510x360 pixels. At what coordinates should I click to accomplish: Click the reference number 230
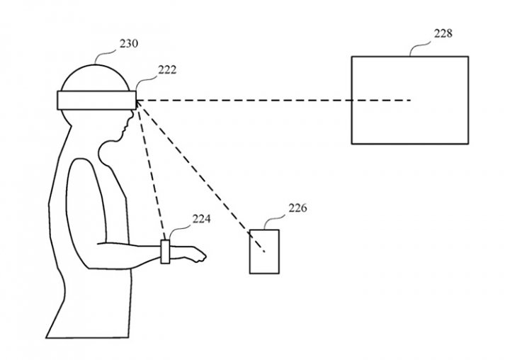129,44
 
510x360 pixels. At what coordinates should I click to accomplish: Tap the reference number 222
167,70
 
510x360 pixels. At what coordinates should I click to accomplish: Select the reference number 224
201,219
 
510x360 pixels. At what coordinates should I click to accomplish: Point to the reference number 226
297,208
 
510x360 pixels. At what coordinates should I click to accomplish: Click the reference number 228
443,33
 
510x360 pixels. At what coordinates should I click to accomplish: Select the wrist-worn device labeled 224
165,252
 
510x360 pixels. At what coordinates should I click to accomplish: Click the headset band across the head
96,100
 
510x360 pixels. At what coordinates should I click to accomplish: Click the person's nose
132,115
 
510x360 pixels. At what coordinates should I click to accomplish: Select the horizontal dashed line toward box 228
274,100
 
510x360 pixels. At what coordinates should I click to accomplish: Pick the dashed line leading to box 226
200,176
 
